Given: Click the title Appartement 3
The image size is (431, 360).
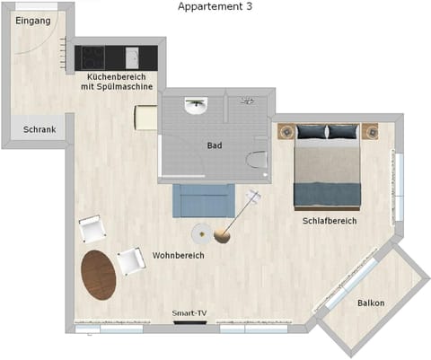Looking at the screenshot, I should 215,6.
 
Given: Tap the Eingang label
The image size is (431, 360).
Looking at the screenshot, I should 33,21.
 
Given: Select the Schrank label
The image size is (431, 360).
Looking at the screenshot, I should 39,130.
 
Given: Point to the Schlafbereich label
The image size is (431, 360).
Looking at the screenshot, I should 330,221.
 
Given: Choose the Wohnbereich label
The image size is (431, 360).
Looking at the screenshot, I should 178,256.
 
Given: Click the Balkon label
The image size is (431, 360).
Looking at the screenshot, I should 370,303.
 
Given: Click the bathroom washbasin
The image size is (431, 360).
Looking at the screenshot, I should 196,105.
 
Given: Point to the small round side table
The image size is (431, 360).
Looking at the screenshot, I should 201,233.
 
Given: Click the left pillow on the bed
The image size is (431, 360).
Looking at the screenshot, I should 312,132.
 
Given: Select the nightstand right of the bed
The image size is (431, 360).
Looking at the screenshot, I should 370,133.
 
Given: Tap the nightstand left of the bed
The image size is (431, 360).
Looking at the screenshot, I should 286,133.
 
